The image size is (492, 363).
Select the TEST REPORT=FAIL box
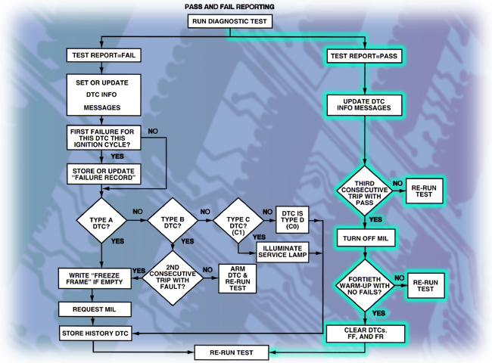click(x=103, y=55)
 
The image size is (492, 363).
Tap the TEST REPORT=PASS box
click(x=364, y=56)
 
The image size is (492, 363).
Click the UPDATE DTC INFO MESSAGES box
click(x=364, y=104)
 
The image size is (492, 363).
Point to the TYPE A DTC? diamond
click(x=101, y=221)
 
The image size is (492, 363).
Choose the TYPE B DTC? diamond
click(x=172, y=221)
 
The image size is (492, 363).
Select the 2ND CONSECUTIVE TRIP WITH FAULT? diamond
click(x=172, y=274)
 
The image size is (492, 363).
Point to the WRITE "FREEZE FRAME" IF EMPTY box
click(x=95, y=278)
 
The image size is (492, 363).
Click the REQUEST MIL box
click(x=95, y=310)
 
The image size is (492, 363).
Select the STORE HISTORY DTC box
click(x=95, y=333)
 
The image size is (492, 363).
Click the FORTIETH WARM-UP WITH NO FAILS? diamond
click(x=365, y=284)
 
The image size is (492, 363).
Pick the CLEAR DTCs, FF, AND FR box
click(x=364, y=333)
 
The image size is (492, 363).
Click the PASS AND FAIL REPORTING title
click(x=230, y=6)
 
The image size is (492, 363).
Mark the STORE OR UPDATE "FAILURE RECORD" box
click(x=103, y=174)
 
